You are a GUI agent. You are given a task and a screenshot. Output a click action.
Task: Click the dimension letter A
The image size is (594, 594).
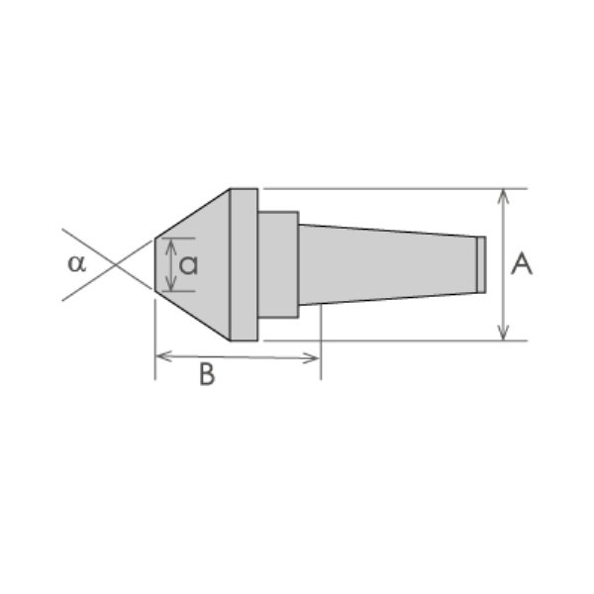click(522, 264)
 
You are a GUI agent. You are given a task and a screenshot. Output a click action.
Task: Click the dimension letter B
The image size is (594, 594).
click(207, 374)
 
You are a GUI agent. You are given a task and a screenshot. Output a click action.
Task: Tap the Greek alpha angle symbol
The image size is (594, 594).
click(76, 263)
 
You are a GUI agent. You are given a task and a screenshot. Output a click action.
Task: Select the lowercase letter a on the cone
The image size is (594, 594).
click(188, 265)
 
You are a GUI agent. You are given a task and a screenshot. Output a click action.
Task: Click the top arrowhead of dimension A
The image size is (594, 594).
click(503, 196)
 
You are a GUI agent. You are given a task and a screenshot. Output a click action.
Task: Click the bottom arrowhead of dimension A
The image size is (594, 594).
click(503, 333)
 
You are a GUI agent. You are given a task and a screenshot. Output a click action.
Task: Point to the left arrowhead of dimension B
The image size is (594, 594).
click(163, 356)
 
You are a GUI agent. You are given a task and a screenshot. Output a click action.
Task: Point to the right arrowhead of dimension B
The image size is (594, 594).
click(311, 358)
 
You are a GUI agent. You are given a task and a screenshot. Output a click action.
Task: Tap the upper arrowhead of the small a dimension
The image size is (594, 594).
click(171, 247)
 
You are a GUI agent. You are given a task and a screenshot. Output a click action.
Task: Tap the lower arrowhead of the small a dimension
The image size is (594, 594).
click(171, 283)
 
